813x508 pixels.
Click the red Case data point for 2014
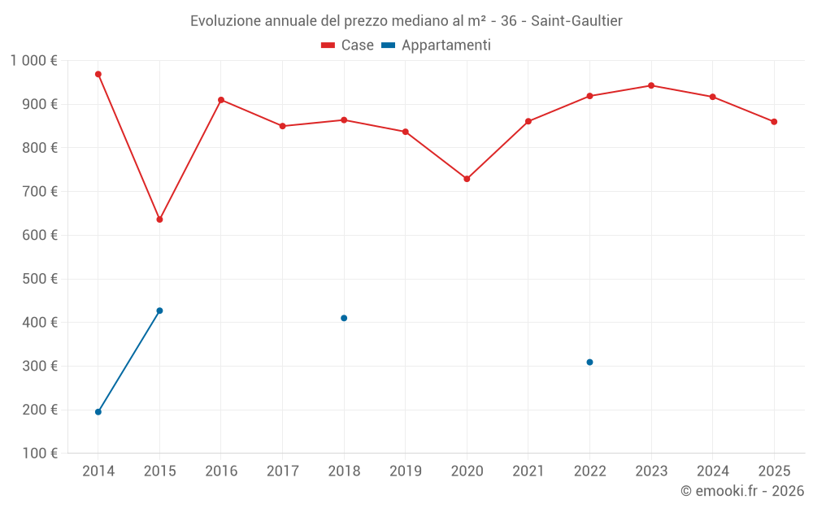pyautogui.click(x=98, y=74)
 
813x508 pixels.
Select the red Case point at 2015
pyautogui.click(x=159, y=219)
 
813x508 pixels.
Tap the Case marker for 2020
pyautogui.click(x=467, y=179)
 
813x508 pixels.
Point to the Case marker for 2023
pyautogui.click(x=651, y=85)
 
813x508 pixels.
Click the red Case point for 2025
pyautogui.click(x=774, y=122)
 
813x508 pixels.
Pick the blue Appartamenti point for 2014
pyautogui.click(x=98, y=412)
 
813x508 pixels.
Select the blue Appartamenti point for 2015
pyautogui.click(x=159, y=310)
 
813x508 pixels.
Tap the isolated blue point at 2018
pyautogui.click(x=344, y=318)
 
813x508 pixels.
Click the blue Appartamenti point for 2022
pyautogui.click(x=589, y=363)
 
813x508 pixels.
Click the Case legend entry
pyautogui.click(x=347, y=46)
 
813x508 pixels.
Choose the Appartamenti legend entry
pyautogui.click(x=436, y=46)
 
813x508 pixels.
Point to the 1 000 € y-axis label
pyautogui.click(x=33, y=61)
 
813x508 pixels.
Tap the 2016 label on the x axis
pyautogui.click(x=221, y=471)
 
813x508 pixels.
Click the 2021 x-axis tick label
pyautogui.click(x=528, y=471)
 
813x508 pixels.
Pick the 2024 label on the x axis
pyautogui.click(x=713, y=471)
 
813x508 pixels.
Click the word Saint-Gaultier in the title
pyautogui.click(x=576, y=21)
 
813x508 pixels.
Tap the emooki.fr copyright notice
pyautogui.click(x=741, y=491)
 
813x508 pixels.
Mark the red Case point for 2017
pyautogui.click(x=282, y=126)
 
